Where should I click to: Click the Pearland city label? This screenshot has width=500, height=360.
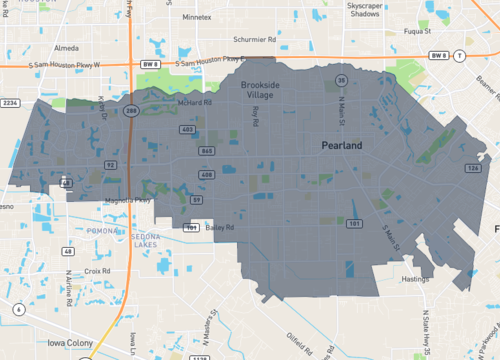coord(342,146)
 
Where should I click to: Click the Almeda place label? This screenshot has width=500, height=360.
coord(66,47)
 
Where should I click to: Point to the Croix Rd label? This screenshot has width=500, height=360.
coord(97,270)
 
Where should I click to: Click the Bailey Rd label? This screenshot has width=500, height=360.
coord(221,228)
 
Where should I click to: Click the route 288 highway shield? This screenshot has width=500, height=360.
coord(131,112)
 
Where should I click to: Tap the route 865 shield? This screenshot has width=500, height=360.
coord(206,150)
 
